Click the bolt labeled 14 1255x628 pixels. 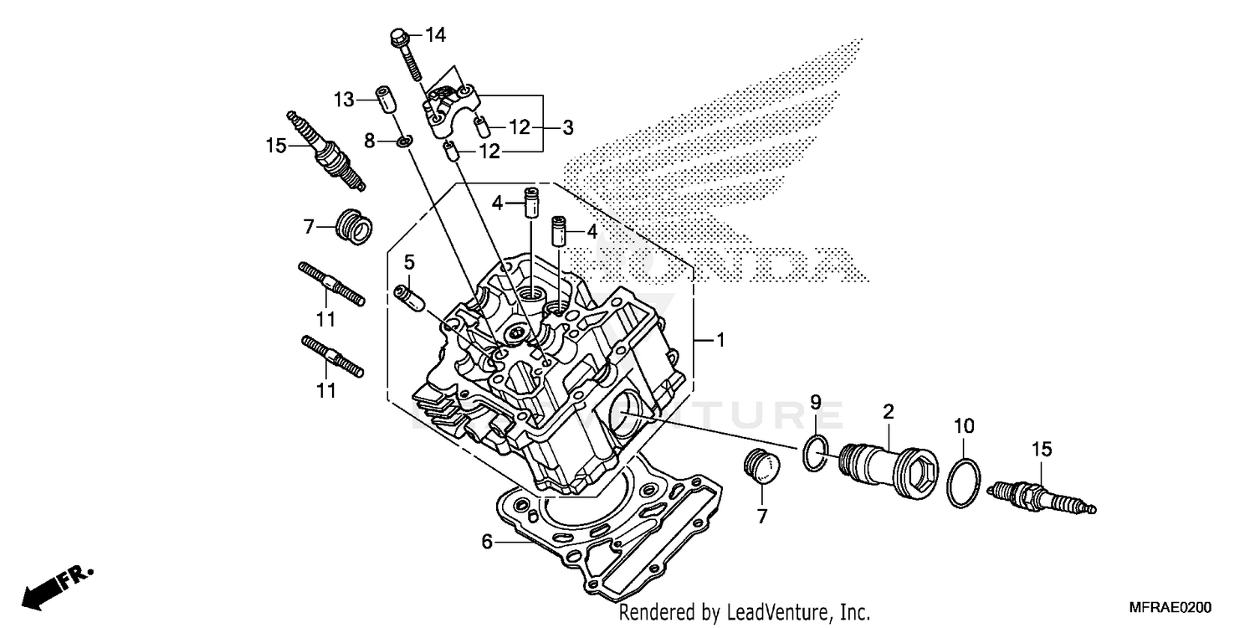(406, 54)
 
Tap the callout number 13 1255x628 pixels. (345, 100)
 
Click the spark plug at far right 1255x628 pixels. (1040, 497)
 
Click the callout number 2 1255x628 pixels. (889, 411)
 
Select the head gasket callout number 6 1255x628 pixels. (487, 542)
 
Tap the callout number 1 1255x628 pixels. (720, 341)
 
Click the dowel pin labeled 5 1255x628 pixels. (406, 297)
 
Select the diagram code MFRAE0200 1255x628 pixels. (1170, 608)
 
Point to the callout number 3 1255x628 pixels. (567, 128)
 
